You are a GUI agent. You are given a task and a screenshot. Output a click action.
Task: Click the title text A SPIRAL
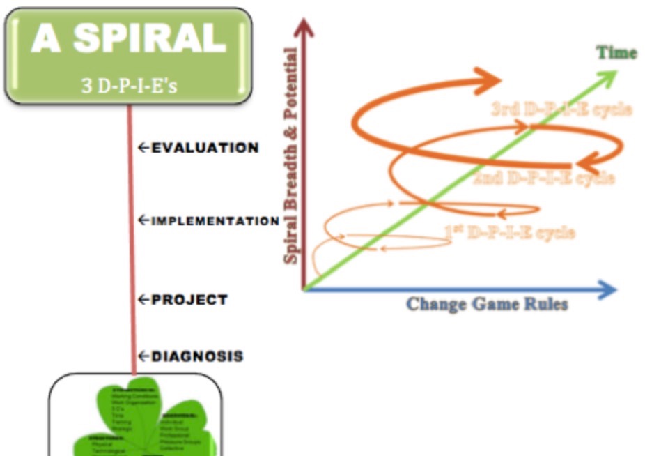pyautogui.click(x=128, y=39)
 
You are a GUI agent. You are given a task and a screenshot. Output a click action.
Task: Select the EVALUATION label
pyautogui.click(x=205, y=148)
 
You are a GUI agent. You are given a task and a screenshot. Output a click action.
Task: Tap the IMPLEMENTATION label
pyautogui.click(x=215, y=221)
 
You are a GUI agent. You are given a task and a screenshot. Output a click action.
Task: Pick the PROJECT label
pyautogui.click(x=189, y=300)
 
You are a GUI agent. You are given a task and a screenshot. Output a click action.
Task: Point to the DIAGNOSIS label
pyautogui.click(x=197, y=356)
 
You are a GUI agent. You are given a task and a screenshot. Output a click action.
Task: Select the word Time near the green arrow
pyautogui.click(x=616, y=53)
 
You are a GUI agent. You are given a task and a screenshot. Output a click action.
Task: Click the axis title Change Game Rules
pyautogui.click(x=486, y=305)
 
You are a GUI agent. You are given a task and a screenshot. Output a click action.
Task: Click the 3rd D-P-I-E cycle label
pyautogui.click(x=561, y=109)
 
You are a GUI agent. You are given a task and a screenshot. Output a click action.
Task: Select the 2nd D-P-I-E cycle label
pyautogui.click(x=544, y=178)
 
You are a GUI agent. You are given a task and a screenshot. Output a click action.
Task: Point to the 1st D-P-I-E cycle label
pyautogui.click(x=510, y=232)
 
